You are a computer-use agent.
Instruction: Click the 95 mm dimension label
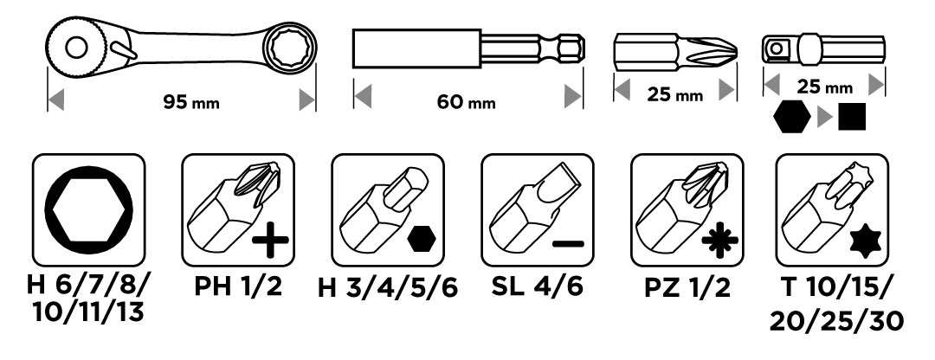coord(191,102)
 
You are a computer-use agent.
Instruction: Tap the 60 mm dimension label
coord(467,102)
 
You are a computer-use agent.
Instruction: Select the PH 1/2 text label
coord(238,287)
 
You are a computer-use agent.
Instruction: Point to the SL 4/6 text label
coord(538,287)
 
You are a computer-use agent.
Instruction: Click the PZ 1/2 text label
coord(687,288)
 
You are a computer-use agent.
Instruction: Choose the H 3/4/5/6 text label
coord(388,288)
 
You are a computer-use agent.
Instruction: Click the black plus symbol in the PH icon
coord(271,241)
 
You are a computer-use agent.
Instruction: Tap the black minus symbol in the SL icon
coord(568,243)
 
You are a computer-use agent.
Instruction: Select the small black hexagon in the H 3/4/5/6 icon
coord(421,241)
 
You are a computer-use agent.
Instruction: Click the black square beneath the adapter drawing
coord(852,117)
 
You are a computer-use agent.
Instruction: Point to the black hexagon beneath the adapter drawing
coord(792,117)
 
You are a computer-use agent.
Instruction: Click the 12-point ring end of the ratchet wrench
coord(289,46)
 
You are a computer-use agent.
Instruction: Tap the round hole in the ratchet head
coord(76,48)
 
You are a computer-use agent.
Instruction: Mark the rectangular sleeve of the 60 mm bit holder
coord(416,48)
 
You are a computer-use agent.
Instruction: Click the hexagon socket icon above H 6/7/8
coord(89,209)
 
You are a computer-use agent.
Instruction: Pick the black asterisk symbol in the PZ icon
coord(719,241)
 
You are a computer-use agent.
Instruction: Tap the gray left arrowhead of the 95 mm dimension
coord(55,100)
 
